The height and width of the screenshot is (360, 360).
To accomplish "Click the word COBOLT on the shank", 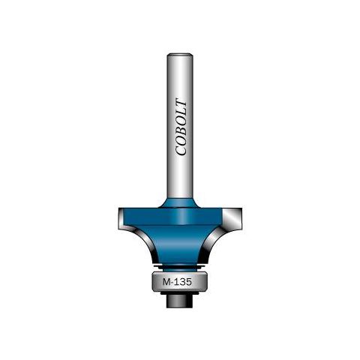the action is click(x=181, y=127).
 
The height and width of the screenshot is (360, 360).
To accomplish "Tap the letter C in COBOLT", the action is click(x=181, y=150).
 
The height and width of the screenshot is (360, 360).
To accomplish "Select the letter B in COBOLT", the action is click(x=181, y=130).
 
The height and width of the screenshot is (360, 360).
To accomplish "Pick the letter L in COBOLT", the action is click(x=181, y=112).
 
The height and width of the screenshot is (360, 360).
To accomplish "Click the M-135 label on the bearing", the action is click(x=177, y=282).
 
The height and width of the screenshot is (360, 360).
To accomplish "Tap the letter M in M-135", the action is click(x=166, y=282).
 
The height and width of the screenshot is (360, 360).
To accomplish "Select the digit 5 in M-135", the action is click(x=189, y=282).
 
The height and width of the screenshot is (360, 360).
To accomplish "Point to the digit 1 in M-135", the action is click(x=177, y=282).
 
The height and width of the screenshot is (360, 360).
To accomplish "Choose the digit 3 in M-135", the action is click(x=183, y=282).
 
